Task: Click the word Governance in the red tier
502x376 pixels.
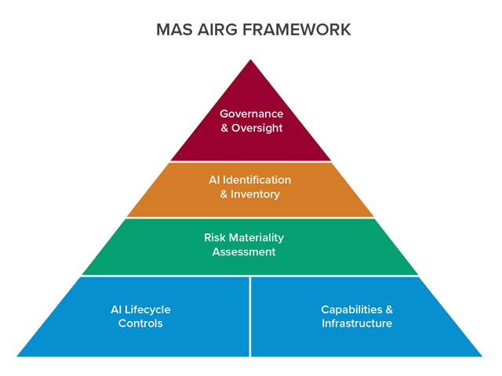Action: tap(251, 114)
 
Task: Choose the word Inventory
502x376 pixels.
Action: tap(256, 194)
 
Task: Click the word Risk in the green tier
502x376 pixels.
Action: tap(216, 237)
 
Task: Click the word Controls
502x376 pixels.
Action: tap(140, 324)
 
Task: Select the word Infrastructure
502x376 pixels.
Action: tap(357, 324)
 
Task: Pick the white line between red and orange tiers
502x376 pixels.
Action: tap(250, 162)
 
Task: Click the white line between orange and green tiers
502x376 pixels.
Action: tap(250, 219)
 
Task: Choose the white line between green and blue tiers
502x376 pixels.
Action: tap(250, 276)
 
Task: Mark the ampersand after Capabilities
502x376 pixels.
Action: tap(388, 309)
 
